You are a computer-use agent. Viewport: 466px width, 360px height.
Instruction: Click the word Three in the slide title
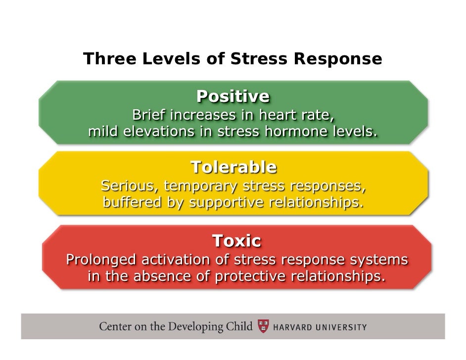(105, 59)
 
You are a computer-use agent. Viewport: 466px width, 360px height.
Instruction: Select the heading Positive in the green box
(233, 96)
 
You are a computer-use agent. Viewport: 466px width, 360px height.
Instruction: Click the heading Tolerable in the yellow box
(233, 167)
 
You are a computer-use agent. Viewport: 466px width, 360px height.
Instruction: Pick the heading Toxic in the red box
(236, 241)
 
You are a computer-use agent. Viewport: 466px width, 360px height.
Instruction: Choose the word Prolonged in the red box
(102, 259)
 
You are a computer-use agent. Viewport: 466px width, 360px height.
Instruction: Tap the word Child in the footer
(239, 327)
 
